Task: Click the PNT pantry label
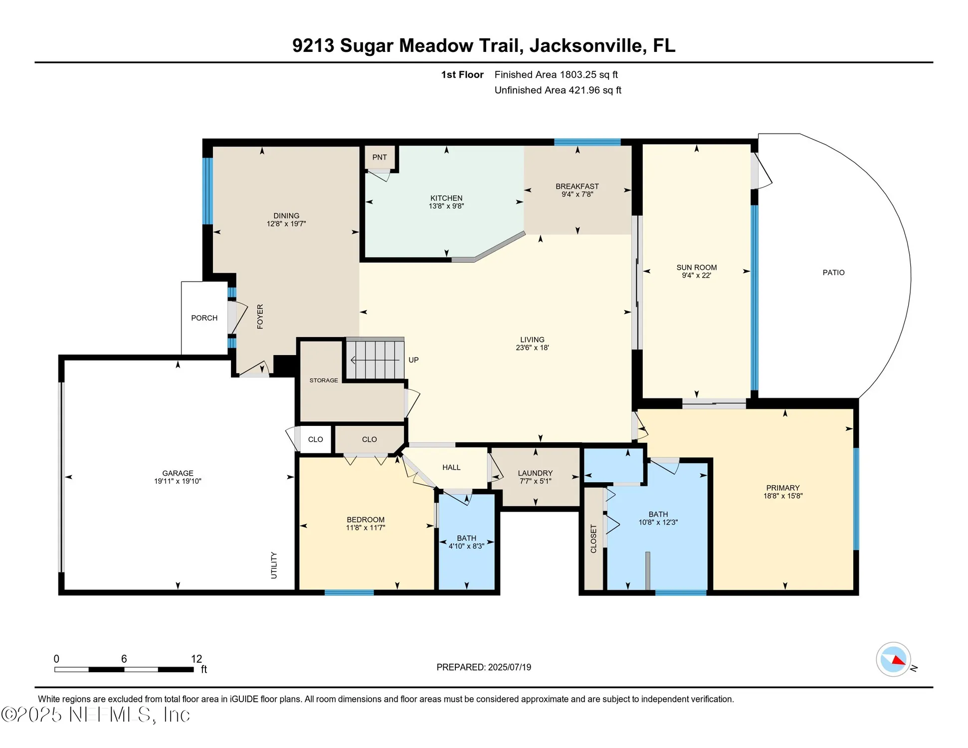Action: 379,157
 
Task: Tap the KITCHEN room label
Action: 446,198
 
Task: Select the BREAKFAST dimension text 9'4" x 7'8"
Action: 577,194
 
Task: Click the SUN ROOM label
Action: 696,267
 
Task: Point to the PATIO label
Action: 833,272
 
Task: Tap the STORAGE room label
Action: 324,380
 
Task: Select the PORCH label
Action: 204,318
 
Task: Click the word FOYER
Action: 260,317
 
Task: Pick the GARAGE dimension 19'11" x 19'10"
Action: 178,481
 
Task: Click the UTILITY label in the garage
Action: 273,565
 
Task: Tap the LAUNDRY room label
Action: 535,473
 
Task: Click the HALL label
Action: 451,467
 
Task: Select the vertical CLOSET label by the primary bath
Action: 593,539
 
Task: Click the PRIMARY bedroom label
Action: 782,488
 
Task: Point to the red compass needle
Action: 898,660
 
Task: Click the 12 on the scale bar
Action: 196,659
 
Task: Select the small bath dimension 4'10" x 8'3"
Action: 466,546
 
